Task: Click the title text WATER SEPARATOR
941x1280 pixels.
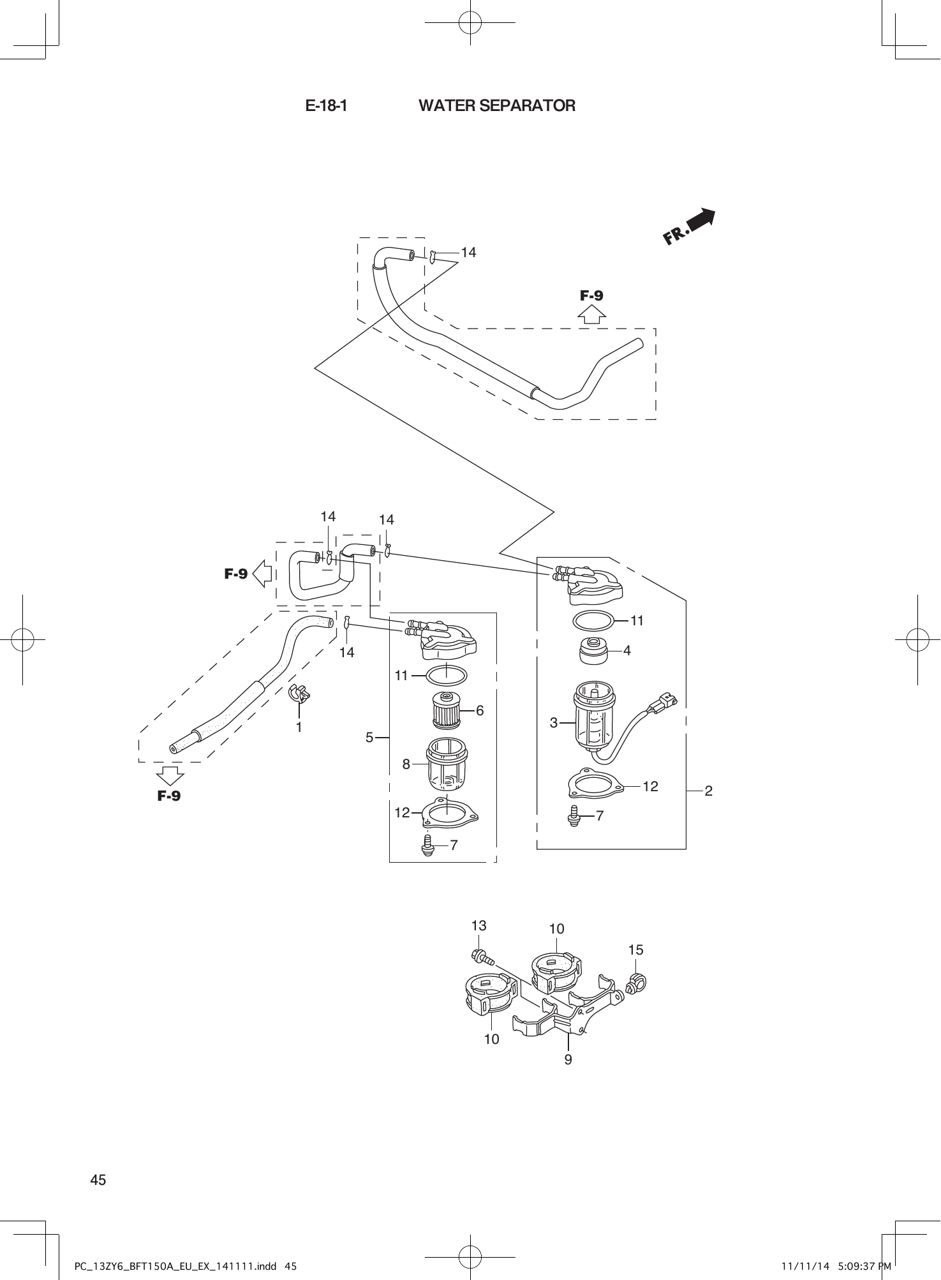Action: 496,106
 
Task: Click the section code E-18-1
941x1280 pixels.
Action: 326,106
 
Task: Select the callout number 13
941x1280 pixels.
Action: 478,925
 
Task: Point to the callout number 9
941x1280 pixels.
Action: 568,1060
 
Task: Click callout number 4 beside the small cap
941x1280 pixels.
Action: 627,651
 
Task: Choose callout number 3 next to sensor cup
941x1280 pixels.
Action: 553,722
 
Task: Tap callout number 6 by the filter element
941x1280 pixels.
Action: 480,710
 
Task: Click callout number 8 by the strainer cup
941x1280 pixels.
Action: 406,763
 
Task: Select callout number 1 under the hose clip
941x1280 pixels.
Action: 299,727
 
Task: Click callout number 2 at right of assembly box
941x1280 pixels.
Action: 708,791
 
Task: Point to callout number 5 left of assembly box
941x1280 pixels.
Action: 369,738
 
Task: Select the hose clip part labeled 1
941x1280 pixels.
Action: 299,693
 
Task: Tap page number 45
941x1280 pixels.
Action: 98,1180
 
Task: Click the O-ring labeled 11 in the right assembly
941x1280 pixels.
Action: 594,620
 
